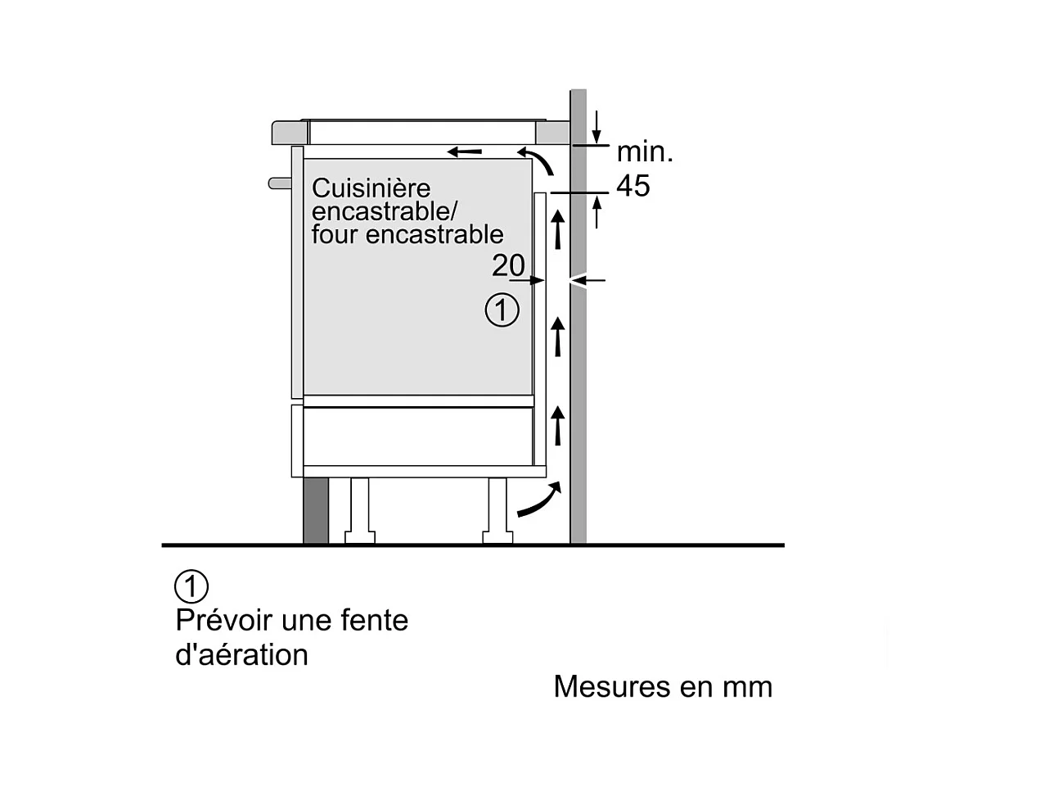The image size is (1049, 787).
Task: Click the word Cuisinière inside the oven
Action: click(x=371, y=188)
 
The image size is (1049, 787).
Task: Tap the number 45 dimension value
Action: click(x=633, y=186)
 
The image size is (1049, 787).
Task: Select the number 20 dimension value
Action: click(x=508, y=265)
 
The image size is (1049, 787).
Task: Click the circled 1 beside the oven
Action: click(x=502, y=310)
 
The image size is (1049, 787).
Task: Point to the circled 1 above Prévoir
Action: click(x=191, y=586)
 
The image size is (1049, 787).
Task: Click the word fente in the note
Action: click(x=377, y=620)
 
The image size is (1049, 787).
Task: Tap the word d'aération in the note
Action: click(x=242, y=655)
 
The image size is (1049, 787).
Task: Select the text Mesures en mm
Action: click(x=663, y=686)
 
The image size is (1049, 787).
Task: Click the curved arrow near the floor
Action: click(x=539, y=500)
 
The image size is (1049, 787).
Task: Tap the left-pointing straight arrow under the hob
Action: click(x=464, y=152)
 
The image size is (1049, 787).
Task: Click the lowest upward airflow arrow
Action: click(x=558, y=424)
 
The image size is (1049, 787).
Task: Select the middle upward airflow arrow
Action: click(x=558, y=336)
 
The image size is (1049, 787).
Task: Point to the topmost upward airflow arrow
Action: click(x=558, y=228)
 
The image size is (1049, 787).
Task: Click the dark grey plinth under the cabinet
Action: click(x=316, y=510)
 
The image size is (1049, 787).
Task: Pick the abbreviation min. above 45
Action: click(x=645, y=152)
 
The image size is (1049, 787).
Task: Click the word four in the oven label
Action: click(x=335, y=234)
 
